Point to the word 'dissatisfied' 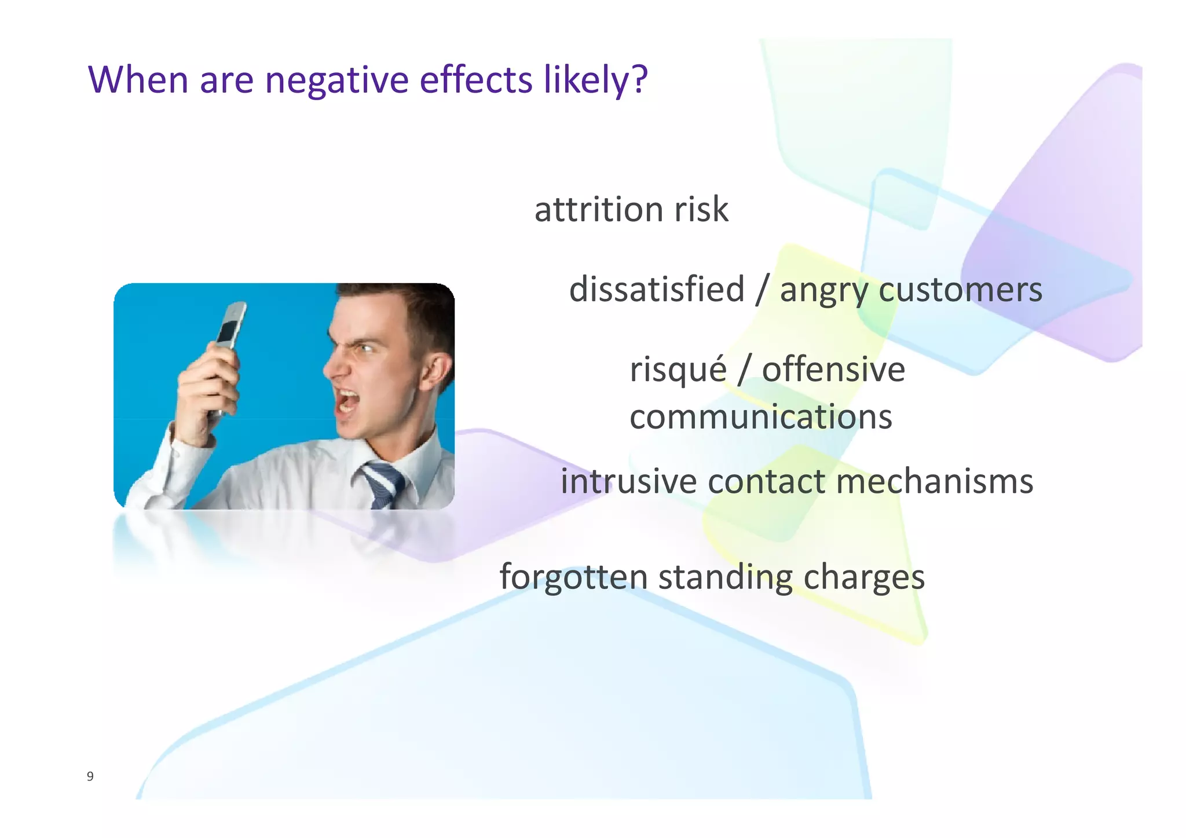coord(657,290)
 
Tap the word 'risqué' coord(678,371)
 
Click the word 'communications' coord(760,418)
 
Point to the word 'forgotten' coord(573,577)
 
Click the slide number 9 coord(90,777)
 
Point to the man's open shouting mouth coord(348,402)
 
